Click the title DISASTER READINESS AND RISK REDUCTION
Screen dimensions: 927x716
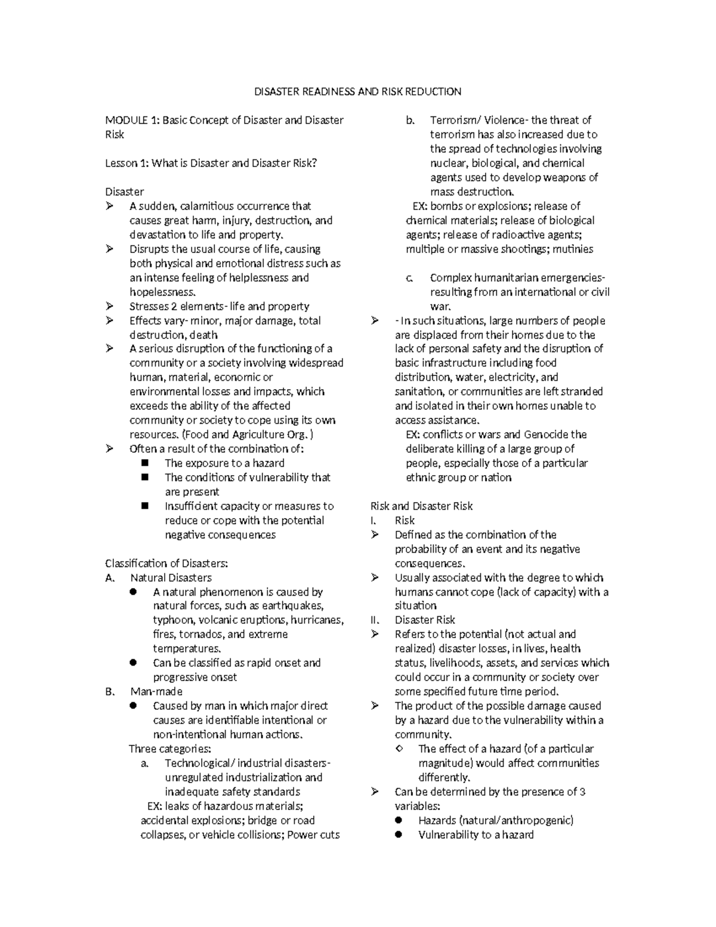click(358, 91)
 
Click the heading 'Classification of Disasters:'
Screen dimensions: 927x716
click(166, 563)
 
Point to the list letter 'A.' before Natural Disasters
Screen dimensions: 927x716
click(109, 578)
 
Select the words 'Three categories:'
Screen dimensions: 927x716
click(170, 749)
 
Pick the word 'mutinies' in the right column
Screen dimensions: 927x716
click(573, 249)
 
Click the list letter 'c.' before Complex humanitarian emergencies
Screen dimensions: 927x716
click(409, 278)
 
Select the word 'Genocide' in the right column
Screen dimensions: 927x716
click(545, 435)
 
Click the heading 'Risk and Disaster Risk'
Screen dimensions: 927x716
click(421, 506)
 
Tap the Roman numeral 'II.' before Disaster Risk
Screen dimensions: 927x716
click(375, 620)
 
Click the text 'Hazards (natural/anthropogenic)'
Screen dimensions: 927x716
click(495, 821)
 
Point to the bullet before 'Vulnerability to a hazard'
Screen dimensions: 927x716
click(399, 835)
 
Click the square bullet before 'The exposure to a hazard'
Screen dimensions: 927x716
click(145, 463)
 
